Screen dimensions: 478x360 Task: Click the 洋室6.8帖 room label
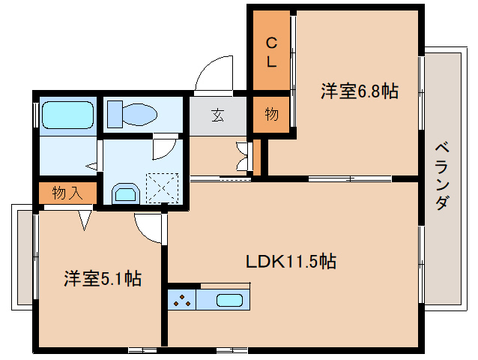pyautogui.click(x=359, y=91)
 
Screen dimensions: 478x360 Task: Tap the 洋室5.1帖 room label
pyautogui.click(x=103, y=278)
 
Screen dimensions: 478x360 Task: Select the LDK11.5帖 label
pyautogui.click(x=291, y=262)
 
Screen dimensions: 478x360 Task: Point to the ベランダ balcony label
pyautogui.click(x=442, y=176)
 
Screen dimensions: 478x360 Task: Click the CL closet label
pyautogui.click(x=271, y=52)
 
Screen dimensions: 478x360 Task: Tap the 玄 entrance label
pyautogui.click(x=218, y=115)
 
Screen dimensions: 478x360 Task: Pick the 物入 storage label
pyautogui.click(x=67, y=193)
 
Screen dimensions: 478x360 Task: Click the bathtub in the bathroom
pyautogui.click(x=67, y=115)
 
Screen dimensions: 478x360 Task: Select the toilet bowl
pyautogui.click(x=139, y=115)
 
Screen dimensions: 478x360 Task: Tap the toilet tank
pyautogui.click(x=115, y=115)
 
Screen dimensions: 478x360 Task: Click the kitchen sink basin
pyautogui.click(x=229, y=300)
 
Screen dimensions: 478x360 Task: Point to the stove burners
pyautogui.click(x=182, y=300)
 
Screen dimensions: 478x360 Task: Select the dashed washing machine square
pyautogui.click(x=162, y=188)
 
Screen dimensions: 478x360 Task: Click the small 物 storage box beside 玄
pyautogui.click(x=271, y=115)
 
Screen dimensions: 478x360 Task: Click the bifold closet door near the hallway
pyautogui.click(x=243, y=157)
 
